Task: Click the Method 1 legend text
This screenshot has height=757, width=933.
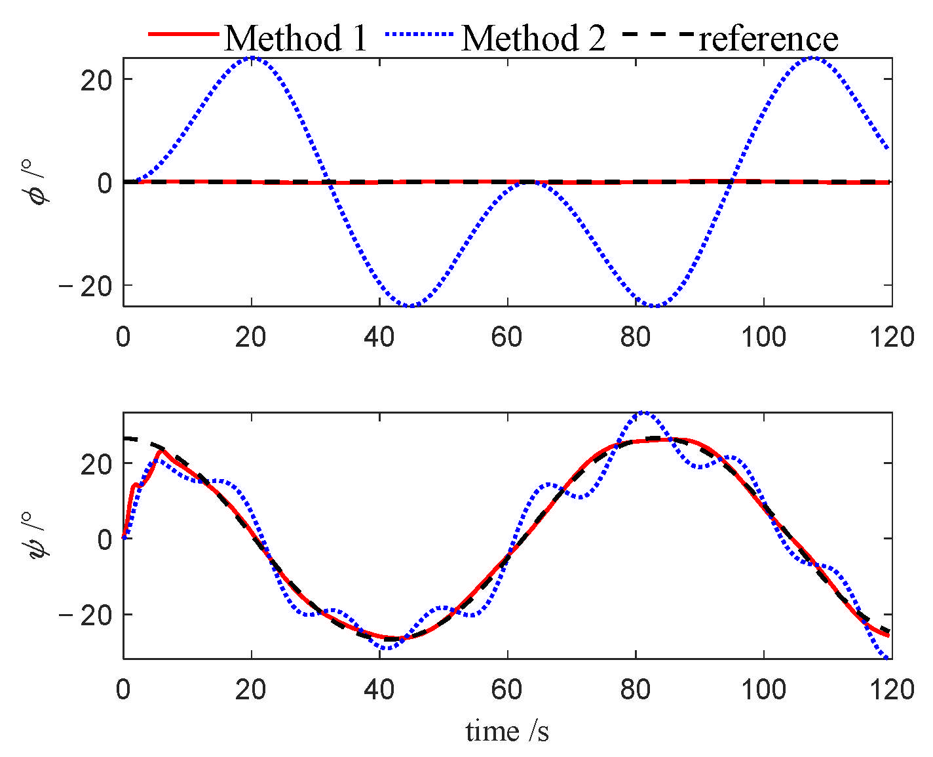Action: tap(296, 38)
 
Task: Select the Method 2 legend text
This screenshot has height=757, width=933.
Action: tap(533, 38)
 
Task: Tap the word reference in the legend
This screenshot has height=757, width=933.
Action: tap(769, 38)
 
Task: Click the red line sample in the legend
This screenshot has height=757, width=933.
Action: tap(183, 33)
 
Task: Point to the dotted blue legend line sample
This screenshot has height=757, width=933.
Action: tap(420, 33)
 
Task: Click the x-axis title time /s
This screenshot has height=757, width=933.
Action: tap(507, 731)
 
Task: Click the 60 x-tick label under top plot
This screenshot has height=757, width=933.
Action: tap(507, 338)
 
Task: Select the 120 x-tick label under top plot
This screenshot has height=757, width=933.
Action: tap(892, 338)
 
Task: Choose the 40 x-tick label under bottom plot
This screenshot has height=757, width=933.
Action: tap(379, 690)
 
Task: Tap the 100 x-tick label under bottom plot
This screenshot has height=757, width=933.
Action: tap(763, 690)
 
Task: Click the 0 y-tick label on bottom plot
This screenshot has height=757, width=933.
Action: tap(105, 539)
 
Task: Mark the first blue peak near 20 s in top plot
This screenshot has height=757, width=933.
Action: tap(252, 58)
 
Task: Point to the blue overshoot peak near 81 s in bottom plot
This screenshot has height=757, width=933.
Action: tap(643, 413)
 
